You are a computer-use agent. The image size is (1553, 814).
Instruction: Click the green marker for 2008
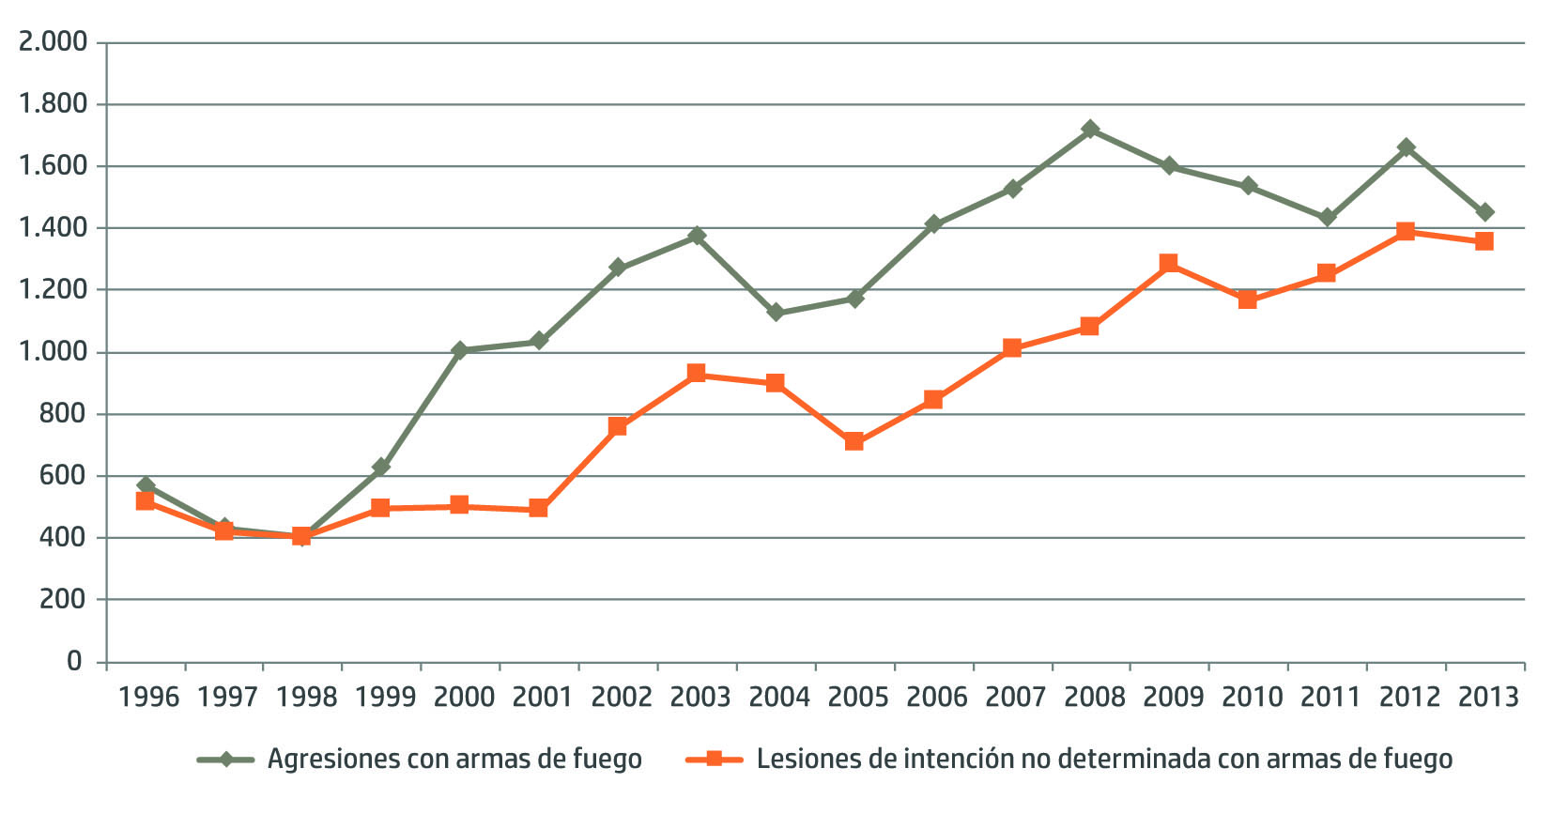(x=1090, y=130)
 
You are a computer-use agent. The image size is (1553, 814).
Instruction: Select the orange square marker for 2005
(x=853, y=441)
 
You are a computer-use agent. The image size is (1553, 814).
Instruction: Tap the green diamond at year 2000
(x=459, y=350)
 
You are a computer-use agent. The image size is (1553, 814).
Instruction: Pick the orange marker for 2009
(x=1169, y=264)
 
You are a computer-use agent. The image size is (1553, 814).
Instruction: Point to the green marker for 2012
(x=1406, y=148)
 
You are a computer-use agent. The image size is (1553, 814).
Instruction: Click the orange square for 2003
(x=696, y=374)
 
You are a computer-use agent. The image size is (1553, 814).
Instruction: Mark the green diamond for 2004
(x=776, y=313)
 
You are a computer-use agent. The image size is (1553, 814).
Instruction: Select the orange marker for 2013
(x=1484, y=241)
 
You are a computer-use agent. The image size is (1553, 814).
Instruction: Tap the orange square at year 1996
(x=145, y=501)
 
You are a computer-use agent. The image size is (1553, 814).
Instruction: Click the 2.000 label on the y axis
(x=53, y=42)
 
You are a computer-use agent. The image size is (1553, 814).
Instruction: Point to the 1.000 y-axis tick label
(x=53, y=352)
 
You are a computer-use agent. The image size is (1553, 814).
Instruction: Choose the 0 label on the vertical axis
(x=74, y=662)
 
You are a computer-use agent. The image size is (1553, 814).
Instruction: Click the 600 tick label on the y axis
(x=61, y=476)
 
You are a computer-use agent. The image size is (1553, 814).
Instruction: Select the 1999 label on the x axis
(x=385, y=698)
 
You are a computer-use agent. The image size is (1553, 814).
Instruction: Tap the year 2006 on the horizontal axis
(x=936, y=698)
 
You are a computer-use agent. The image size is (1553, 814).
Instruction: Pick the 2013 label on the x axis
(x=1487, y=698)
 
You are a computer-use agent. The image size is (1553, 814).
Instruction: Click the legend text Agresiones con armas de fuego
(x=454, y=760)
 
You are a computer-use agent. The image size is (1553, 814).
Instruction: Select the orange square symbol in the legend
(x=714, y=759)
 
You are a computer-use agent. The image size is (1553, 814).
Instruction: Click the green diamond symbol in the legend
(x=225, y=760)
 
